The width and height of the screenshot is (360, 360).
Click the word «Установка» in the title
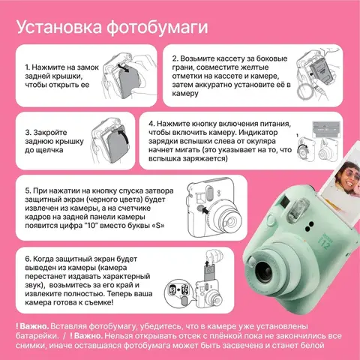point(59,27)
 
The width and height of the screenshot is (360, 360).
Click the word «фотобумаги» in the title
point(157,27)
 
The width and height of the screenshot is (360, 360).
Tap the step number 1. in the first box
point(28,67)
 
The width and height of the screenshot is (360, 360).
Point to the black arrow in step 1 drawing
point(124,67)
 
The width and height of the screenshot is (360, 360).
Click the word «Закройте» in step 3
point(50,133)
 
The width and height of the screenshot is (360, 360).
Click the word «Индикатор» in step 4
point(259,133)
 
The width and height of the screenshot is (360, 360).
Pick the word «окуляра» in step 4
point(262,141)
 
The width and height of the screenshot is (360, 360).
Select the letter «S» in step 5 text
point(158,226)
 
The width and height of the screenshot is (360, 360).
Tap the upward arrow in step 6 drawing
point(207,263)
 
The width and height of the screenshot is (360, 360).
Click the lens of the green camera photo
point(265,272)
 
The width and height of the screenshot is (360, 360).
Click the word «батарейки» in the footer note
point(37,336)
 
